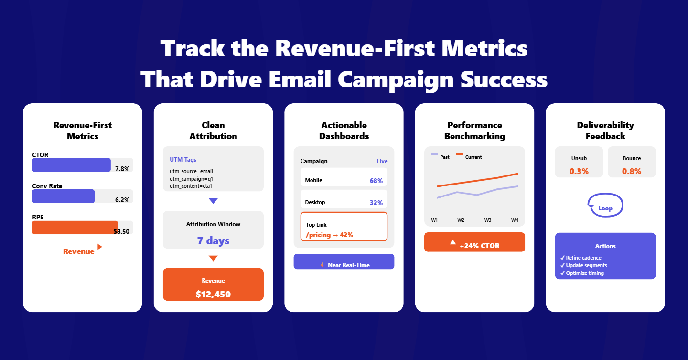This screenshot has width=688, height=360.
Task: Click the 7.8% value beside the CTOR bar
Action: point(122,169)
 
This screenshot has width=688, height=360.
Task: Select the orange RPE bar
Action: point(75,228)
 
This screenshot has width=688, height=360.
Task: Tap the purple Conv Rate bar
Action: point(63,196)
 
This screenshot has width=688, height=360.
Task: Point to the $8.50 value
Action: point(121,231)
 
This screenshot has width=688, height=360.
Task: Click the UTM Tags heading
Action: point(183,160)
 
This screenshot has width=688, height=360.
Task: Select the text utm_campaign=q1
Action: point(191,178)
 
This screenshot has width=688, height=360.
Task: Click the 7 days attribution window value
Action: point(213,240)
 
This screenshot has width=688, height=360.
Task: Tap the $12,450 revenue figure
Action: point(213,294)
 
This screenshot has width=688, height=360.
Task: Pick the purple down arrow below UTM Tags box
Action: point(213,201)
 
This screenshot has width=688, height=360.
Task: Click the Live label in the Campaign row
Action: point(382,161)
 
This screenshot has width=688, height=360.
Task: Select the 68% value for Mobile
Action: point(376,181)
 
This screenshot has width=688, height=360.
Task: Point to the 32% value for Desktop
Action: point(376,203)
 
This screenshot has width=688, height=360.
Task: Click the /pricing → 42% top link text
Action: point(329,235)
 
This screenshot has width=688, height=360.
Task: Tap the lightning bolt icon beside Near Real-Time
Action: point(322,265)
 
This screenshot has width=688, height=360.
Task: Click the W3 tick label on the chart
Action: point(488,220)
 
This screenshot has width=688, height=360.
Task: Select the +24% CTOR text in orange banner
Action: point(480,246)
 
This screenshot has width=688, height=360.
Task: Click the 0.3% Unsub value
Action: point(579,171)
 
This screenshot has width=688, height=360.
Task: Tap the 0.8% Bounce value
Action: point(632,171)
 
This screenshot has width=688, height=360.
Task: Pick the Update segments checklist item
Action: point(586,265)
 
